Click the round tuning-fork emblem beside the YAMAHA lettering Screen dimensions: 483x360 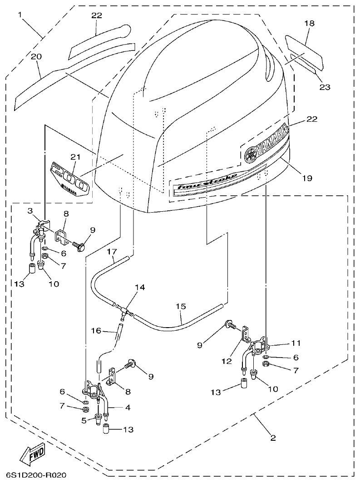pyautogui.click(x=250, y=154)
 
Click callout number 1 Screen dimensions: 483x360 pyautogui.click(x=20, y=15)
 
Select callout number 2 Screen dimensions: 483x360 pyautogui.click(x=273, y=438)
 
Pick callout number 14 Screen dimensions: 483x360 pyautogui.click(x=140, y=287)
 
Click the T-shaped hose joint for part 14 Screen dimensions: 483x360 pyautogui.click(x=123, y=310)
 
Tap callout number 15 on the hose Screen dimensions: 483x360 pyautogui.click(x=181, y=307)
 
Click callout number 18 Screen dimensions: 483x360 pyautogui.click(x=309, y=23)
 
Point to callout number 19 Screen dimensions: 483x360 pyautogui.click(x=307, y=178)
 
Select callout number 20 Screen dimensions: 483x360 pyautogui.click(x=36, y=56)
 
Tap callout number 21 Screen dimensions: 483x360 pyautogui.click(x=75, y=157)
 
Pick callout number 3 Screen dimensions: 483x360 pyautogui.click(x=30, y=210)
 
